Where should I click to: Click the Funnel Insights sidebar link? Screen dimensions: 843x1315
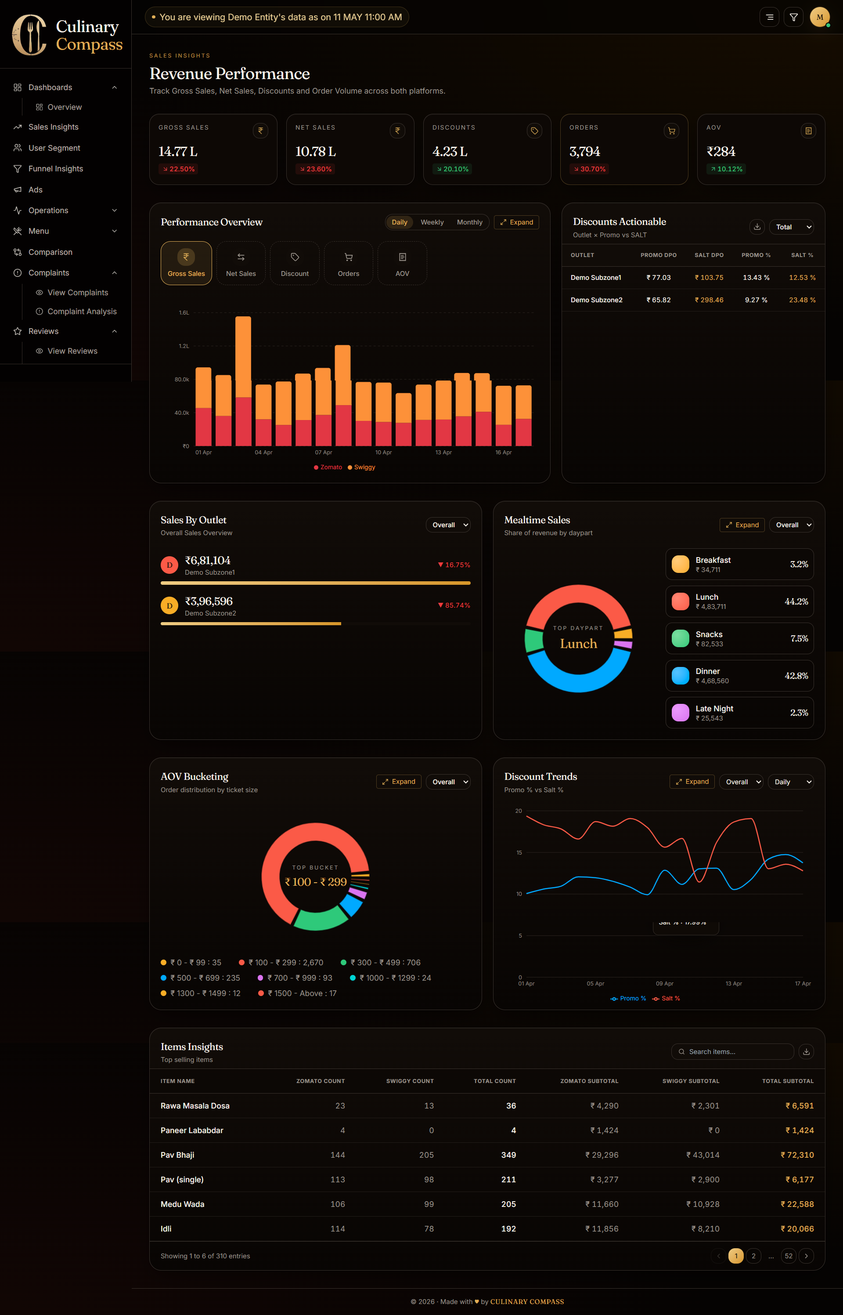55,169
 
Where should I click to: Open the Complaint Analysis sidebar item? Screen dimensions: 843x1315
82,312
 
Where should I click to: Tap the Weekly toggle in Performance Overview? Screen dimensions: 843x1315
432,222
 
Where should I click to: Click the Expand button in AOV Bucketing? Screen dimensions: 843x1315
399,782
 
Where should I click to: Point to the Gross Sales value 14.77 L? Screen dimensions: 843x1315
178,151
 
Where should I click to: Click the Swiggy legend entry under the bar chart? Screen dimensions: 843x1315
362,467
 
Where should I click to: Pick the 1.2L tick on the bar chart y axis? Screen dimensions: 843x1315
184,346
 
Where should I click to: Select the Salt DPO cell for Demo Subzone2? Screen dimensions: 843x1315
709,300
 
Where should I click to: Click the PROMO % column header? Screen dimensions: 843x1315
756,255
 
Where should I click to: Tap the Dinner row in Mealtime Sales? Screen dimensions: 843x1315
739,676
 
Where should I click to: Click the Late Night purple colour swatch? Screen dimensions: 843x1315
681,713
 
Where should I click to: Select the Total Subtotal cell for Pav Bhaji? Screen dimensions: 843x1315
797,1155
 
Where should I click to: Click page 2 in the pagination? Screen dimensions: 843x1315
754,1256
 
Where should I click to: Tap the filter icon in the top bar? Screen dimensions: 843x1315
794,18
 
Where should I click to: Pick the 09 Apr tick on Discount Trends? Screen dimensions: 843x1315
665,984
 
